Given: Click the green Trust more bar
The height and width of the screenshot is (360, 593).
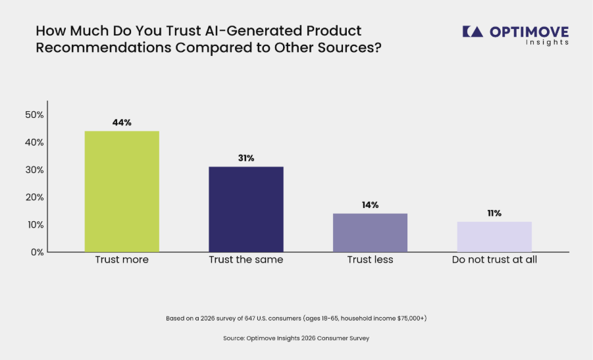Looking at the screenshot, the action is [122, 192].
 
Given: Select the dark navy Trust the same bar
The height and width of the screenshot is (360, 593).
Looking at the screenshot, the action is [246, 209].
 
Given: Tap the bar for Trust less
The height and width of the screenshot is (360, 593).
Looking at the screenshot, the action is [371, 232].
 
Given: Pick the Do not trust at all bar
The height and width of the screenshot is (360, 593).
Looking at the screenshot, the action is [494, 237].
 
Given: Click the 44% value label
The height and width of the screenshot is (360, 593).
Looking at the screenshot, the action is [122, 122].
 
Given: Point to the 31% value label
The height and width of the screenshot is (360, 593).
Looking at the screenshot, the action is [246, 158].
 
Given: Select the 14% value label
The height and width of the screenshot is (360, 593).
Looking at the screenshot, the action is [371, 205].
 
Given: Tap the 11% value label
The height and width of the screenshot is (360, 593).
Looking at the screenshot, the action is [494, 213].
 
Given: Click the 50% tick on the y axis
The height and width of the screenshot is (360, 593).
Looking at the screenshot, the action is [34, 115].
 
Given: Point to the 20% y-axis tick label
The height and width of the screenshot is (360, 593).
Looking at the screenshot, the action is [34, 197].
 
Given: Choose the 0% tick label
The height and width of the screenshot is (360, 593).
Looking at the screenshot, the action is [38, 252].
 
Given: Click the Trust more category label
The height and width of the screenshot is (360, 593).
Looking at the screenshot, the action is [122, 260].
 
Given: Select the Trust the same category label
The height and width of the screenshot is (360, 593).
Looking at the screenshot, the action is [246, 260].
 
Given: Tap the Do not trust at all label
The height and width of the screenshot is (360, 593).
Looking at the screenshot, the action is [494, 260].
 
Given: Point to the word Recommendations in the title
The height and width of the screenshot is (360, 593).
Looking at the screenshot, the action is [103, 48].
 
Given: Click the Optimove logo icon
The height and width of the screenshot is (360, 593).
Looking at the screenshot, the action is [473, 32].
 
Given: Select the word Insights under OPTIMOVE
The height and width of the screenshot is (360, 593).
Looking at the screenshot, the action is [547, 42].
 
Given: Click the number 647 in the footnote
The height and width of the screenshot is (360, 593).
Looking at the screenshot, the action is [249, 319].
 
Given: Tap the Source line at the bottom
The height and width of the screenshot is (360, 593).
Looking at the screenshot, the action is [296, 338].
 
